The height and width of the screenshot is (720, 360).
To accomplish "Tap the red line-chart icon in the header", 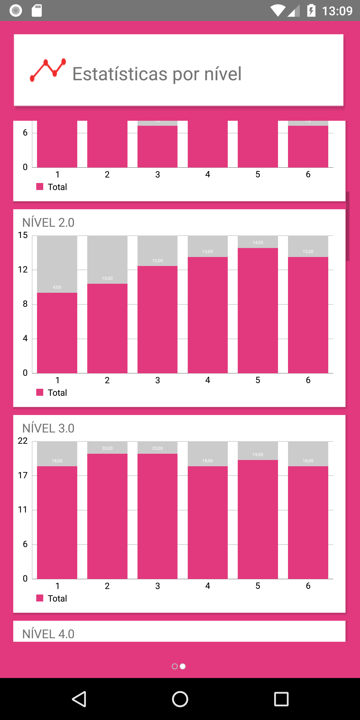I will [x=48, y=70].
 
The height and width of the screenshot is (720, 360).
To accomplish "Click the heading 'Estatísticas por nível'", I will [x=157, y=74].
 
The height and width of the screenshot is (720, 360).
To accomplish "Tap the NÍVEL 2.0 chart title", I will [x=48, y=223].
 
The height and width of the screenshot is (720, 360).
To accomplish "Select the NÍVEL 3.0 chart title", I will [x=48, y=428].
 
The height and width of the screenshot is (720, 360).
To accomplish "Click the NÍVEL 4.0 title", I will [x=48, y=634].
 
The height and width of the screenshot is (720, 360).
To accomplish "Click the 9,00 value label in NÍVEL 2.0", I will [x=57, y=287].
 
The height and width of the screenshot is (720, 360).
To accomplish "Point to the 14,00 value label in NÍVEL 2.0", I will [x=258, y=242].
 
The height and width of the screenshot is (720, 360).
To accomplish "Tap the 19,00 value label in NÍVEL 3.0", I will [x=258, y=455].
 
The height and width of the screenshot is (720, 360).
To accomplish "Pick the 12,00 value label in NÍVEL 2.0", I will [x=157, y=260].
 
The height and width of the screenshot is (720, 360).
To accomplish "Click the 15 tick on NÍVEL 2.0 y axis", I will [x=23, y=235].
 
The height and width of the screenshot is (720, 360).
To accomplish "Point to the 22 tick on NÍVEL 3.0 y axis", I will [x=23, y=441].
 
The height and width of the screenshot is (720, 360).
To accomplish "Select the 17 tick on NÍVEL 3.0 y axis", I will [x=23, y=475].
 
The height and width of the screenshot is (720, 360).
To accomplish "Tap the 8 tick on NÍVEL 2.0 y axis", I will [x=25, y=304].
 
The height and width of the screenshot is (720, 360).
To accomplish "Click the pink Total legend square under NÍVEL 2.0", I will [x=40, y=392].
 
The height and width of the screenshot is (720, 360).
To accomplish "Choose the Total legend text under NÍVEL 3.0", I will [x=57, y=598].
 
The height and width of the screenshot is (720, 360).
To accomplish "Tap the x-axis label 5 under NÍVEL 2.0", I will [x=258, y=380].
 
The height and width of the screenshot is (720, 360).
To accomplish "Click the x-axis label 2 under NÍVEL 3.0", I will [x=107, y=586].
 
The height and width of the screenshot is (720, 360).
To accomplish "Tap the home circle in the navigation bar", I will [x=180, y=699].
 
